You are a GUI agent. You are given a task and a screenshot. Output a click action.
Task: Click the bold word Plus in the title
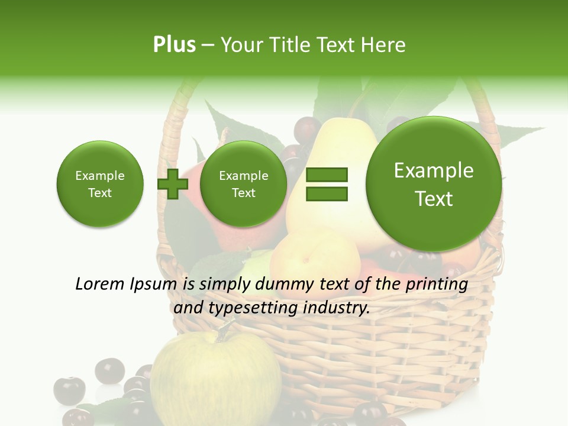click(x=174, y=45)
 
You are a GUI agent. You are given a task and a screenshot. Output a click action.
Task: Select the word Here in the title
click(x=384, y=45)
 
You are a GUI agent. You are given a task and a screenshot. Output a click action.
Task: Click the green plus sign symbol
click(x=173, y=184)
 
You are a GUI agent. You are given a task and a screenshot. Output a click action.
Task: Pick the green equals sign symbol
click(x=327, y=184)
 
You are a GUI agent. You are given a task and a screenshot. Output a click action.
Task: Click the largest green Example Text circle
click(x=434, y=184)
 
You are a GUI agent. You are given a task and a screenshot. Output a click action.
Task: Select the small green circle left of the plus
click(x=99, y=184)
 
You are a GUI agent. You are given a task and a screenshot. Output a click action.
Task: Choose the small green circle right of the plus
click(x=243, y=184)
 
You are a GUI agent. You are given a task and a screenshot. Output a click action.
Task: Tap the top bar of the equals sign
click(x=327, y=175)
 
